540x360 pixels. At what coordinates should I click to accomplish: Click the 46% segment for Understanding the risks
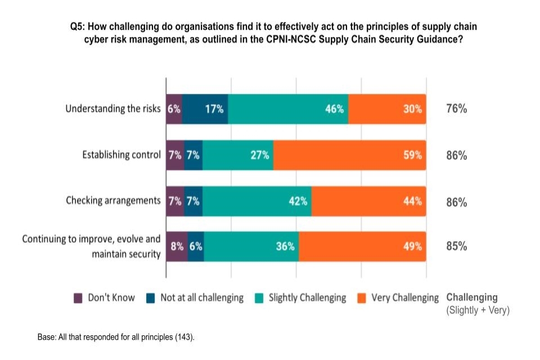click(x=288, y=109)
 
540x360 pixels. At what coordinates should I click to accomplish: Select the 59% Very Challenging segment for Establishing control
click(x=349, y=155)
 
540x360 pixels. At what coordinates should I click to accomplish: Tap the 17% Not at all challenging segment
click(x=205, y=109)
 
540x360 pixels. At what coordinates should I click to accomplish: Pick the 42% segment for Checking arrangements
click(x=257, y=201)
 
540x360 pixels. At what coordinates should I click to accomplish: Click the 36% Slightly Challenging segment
click(x=251, y=246)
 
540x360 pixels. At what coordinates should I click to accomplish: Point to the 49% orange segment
click(x=362, y=246)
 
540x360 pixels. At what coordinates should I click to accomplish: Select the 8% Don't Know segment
click(x=177, y=246)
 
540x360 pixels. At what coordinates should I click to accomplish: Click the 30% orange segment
click(x=387, y=109)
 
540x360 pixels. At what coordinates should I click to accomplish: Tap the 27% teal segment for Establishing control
click(x=238, y=155)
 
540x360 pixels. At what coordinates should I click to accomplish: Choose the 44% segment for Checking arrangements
click(x=368, y=201)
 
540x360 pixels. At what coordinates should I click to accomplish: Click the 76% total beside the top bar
click(x=456, y=109)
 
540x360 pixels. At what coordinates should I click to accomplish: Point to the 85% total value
click(x=456, y=246)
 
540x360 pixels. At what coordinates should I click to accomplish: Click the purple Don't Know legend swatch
click(x=79, y=298)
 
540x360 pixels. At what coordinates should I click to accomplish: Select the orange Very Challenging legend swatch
click(x=362, y=298)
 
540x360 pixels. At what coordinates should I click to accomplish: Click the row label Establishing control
click(x=121, y=155)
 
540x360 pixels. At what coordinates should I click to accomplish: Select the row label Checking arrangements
click(x=113, y=201)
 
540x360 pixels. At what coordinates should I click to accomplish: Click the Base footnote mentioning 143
click(x=115, y=337)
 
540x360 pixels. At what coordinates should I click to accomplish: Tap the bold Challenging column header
click(x=471, y=298)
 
